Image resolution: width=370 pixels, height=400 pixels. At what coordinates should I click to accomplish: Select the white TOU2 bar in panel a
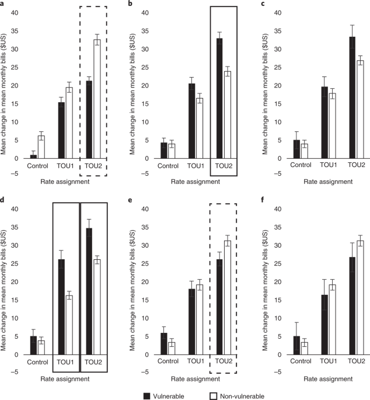(x=97, y=99)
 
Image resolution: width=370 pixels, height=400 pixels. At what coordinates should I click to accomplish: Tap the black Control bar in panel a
(x=33, y=156)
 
